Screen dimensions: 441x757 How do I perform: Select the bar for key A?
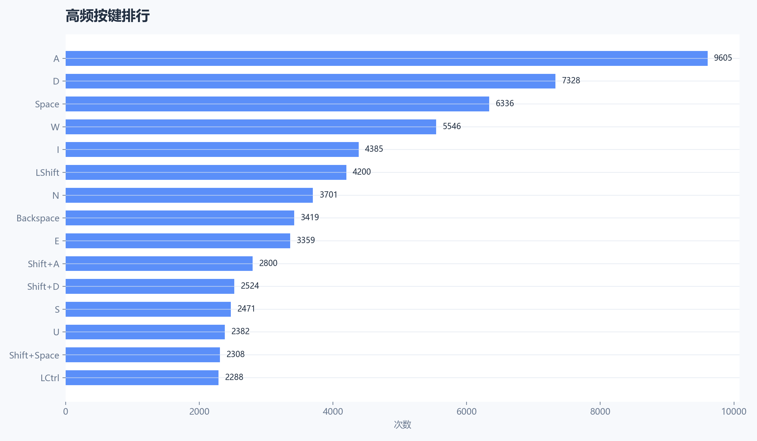point(386,58)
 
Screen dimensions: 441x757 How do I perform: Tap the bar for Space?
point(277,104)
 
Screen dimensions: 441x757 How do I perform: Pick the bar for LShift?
point(206,172)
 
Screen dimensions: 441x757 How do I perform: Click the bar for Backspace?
point(180,218)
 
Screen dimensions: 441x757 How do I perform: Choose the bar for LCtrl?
point(142,378)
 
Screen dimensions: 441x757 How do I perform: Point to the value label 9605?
point(723,58)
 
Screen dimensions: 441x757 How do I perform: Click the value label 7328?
point(571,80)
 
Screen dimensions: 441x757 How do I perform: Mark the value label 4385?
point(374,149)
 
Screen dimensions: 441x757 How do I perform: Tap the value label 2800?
point(268,263)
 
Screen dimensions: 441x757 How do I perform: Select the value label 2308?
point(235,354)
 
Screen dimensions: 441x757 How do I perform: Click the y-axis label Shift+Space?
point(34,355)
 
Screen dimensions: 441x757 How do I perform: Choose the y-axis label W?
point(55,127)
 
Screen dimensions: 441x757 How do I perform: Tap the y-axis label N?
point(56,196)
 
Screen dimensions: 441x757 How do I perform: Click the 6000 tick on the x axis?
point(466,411)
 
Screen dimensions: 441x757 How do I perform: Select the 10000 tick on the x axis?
point(733,411)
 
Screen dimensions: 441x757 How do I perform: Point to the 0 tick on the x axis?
point(65,411)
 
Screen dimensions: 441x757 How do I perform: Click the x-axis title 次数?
point(402,424)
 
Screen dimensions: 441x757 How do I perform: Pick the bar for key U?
point(145,332)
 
